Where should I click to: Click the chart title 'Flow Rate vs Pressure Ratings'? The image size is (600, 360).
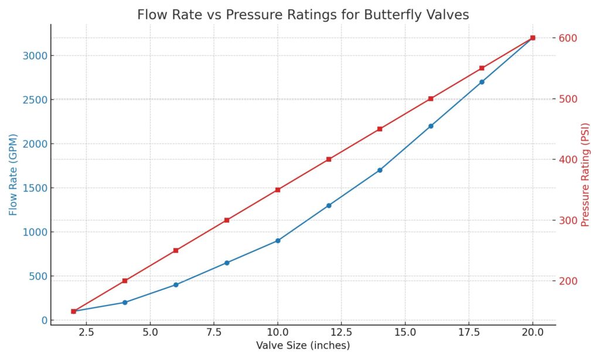[x=302, y=15]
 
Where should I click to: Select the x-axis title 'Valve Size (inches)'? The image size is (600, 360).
[x=302, y=345]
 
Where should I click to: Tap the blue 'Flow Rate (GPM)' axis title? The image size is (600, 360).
[x=13, y=175]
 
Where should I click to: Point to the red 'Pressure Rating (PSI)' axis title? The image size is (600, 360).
[x=584, y=175]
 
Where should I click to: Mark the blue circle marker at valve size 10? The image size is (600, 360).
[x=278, y=240]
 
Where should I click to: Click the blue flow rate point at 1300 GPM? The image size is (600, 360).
[x=329, y=205]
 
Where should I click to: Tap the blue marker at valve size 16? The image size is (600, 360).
[x=431, y=126]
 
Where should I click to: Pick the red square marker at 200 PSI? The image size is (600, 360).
[x=125, y=281]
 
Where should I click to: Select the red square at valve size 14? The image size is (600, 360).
[x=380, y=129]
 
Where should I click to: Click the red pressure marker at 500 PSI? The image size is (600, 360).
[x=431, y=99]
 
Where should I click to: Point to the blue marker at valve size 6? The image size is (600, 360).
[x=176, y=285]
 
